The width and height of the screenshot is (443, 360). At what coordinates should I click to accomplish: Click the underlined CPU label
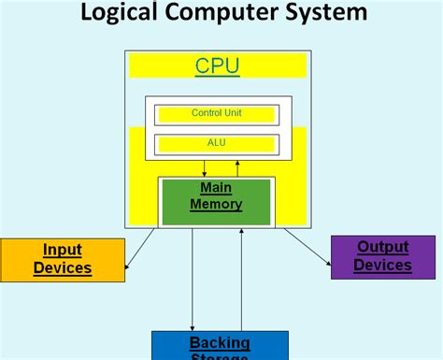click(x=217, y=65)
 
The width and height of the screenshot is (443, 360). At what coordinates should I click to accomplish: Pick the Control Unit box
click(x=217, y=113)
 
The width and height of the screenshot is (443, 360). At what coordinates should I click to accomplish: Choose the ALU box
click(x=217, y=143)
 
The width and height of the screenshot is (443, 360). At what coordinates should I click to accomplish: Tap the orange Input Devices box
click(x=62, y=259)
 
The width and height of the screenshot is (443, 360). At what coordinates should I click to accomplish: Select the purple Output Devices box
click(x=382, y=257)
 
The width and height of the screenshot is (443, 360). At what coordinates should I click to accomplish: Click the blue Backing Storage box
click(x=220, y=345)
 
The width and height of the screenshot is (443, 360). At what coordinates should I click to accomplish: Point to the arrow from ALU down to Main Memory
click(x=204, y=166)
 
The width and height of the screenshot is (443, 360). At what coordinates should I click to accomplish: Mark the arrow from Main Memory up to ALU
click(x=237, y=166)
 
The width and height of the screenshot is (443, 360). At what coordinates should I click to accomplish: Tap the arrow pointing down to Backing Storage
click(x=193, y=281)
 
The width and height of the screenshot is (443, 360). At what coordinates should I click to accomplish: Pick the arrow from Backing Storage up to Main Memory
click(x=242, y=281)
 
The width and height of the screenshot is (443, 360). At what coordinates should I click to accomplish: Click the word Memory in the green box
click(x=216, y=204)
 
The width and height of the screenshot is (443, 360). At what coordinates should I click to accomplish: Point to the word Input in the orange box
click(x=63, y=250)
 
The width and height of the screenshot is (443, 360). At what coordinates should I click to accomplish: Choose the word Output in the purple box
click(x=383, y=248)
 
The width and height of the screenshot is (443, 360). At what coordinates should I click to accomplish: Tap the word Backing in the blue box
click(x=220, y=342)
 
